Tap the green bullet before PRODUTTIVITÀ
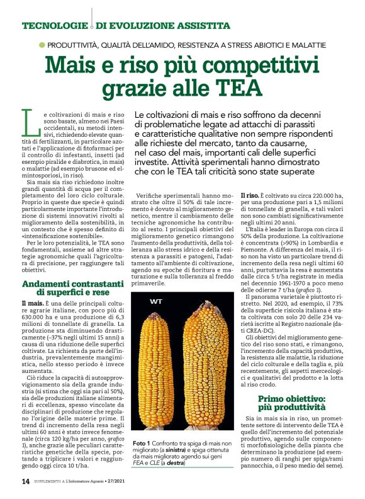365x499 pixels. click(x=42, y=45)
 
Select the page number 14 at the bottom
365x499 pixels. click(x=26, y=481)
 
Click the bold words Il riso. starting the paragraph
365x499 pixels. click(x=252, y=197)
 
